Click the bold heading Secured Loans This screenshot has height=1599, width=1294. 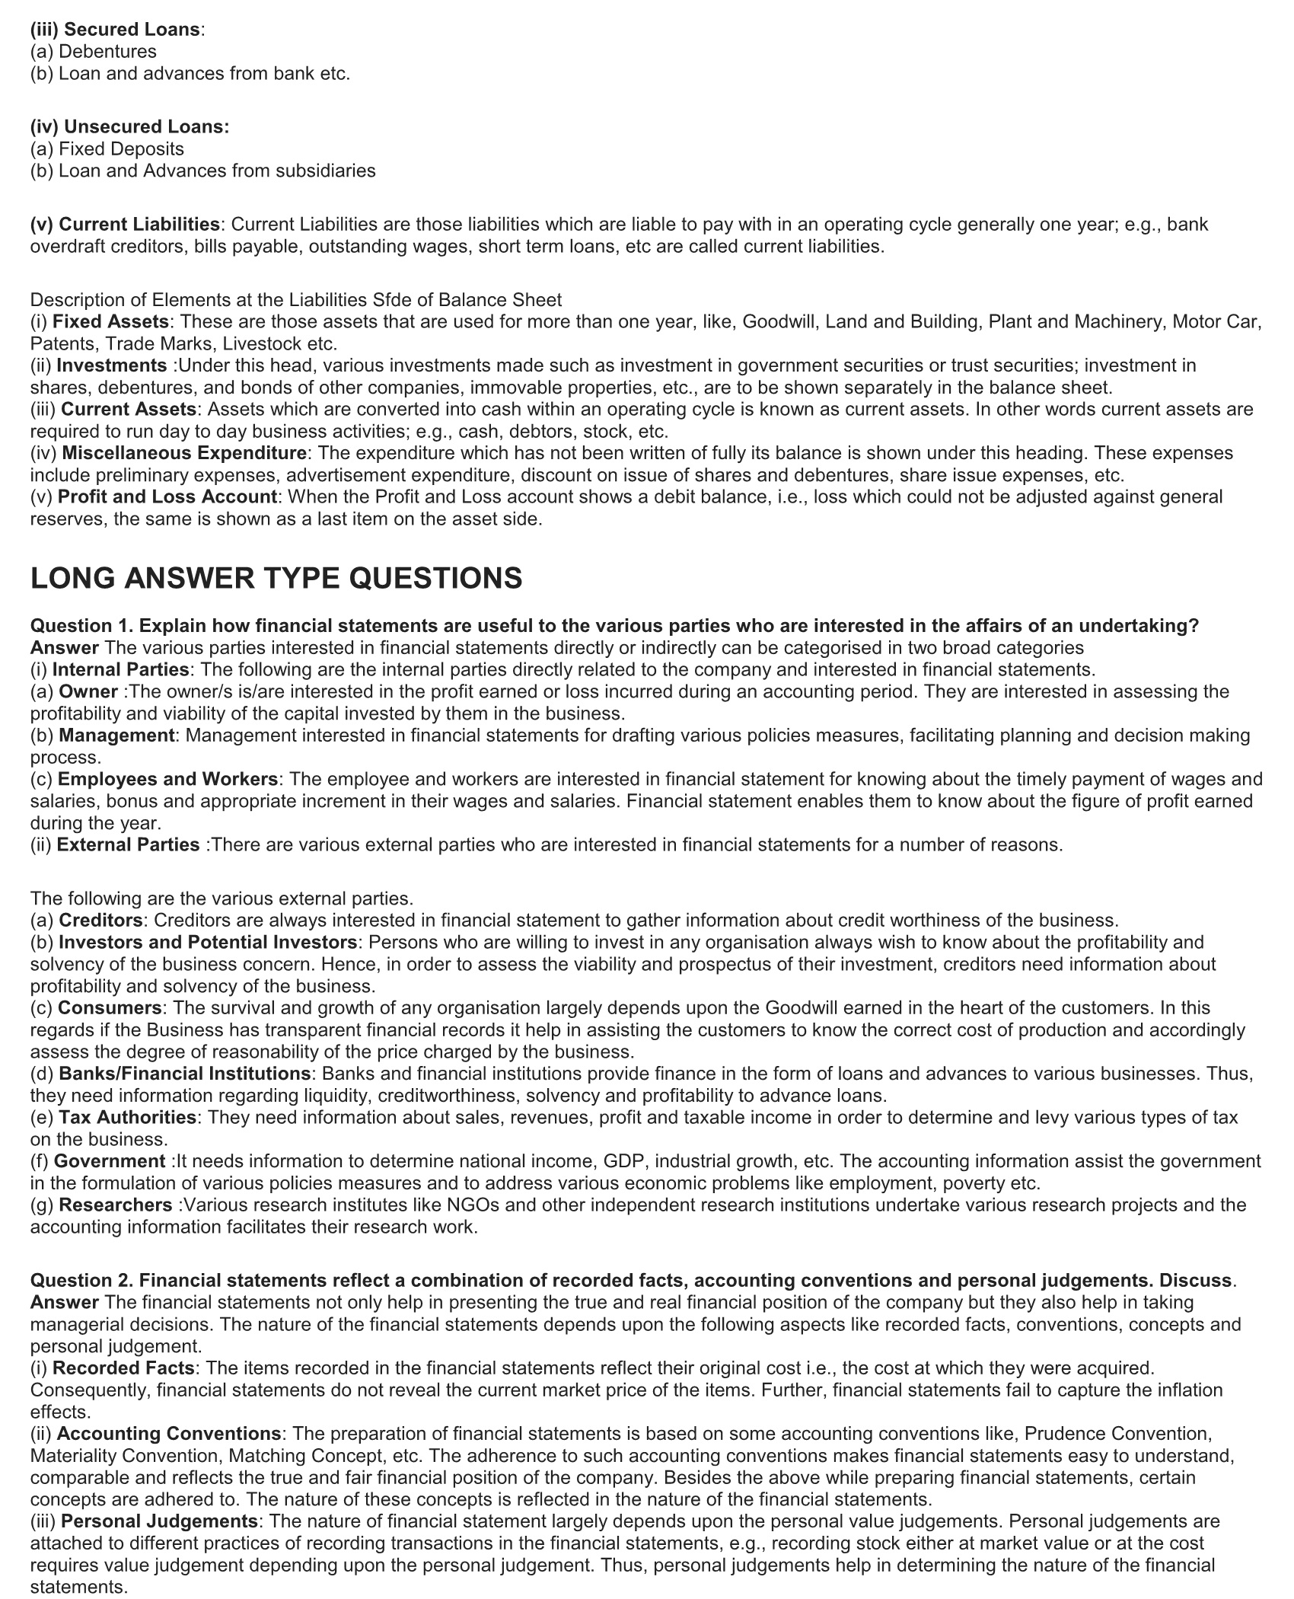132,30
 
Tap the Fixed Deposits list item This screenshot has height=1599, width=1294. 121,148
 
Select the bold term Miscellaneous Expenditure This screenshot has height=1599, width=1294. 184,453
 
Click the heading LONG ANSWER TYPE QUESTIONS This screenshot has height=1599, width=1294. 276,578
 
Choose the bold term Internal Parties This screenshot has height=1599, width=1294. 120,669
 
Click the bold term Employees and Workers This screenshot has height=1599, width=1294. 167,779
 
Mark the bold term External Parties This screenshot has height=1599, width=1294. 128,844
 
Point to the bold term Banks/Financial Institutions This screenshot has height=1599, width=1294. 184,1074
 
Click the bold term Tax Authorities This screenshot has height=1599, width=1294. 128,1117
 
